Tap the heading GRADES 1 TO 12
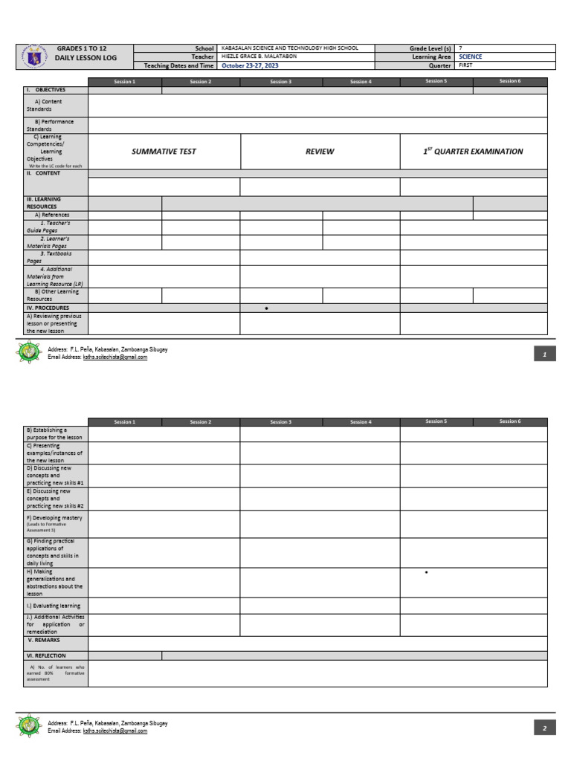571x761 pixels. click(x=82, y=48)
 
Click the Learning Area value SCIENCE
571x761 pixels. click(x=471, y=56)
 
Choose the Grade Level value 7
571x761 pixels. click(x=461, y=48)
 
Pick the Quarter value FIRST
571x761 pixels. click(x=466, y=65)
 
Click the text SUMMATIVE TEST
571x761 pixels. click(x=164, y=152)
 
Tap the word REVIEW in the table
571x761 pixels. click(x=320, y=152)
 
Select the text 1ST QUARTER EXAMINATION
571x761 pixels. click(x=473, y=152)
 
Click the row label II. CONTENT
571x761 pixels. click(x=44, y=173)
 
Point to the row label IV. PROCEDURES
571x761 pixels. click(x=48, y=308)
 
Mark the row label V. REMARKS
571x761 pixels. click(x=45, y=640)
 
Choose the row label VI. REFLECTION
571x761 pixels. click(x=46, y=656)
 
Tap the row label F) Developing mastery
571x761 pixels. click(x=54, y=518)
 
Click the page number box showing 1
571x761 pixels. click(x=544, y=355)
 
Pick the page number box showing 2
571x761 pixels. click(x=544, y=728)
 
